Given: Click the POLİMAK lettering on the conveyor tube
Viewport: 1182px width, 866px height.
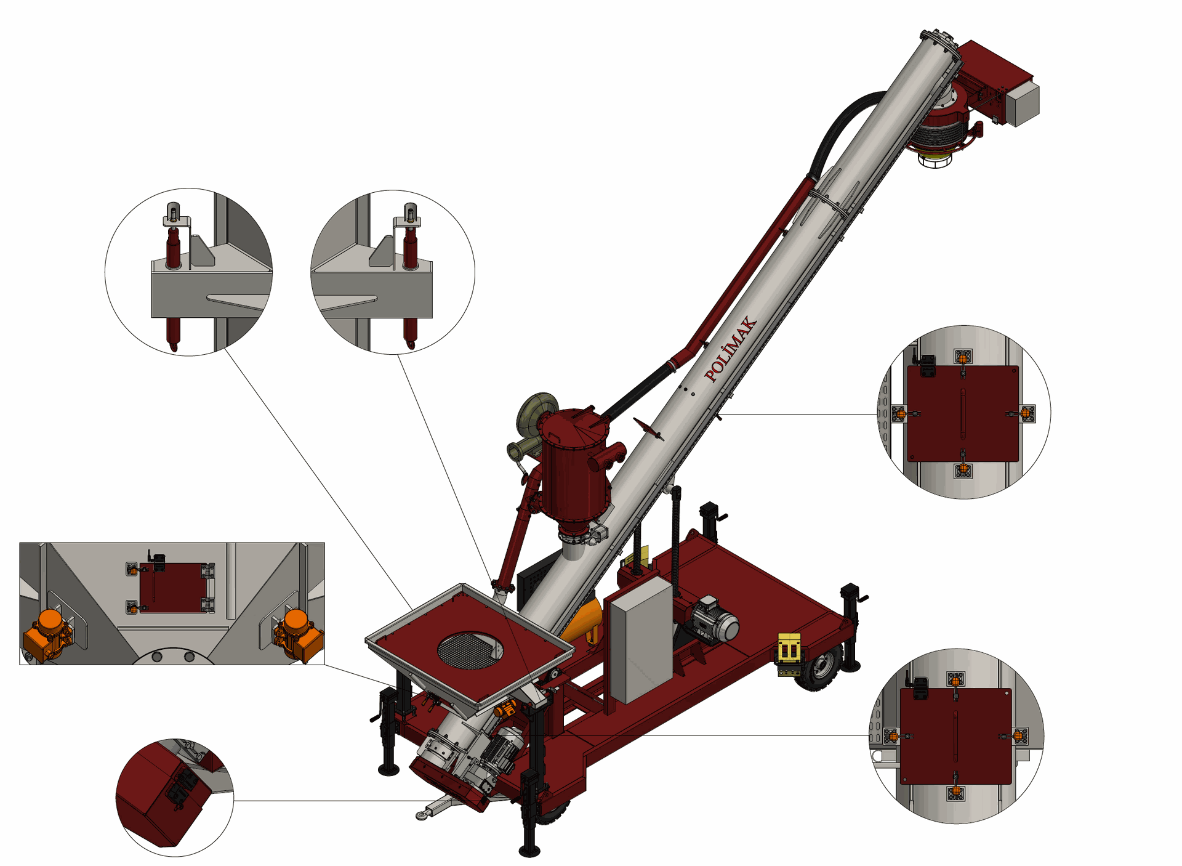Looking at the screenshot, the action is point(731,349).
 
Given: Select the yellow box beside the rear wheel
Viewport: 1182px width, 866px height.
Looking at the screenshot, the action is point(789,650).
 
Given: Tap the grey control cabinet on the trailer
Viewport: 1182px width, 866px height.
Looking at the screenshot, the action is point(640,641).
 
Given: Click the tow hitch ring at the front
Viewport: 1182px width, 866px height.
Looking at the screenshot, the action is point(422,815).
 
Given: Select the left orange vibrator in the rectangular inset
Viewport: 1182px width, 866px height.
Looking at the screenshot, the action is point(48,634).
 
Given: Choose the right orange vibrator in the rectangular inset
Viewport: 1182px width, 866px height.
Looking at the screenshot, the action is point(297,635).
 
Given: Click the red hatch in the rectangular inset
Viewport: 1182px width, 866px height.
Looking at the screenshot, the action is point(173,587).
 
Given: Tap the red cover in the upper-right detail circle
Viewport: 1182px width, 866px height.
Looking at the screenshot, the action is point(963,413).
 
